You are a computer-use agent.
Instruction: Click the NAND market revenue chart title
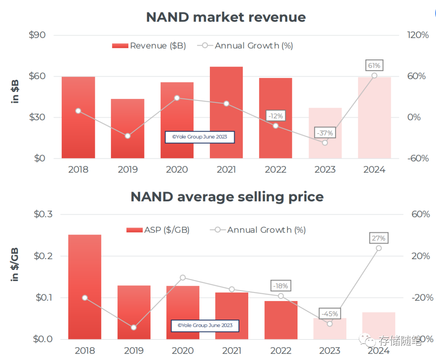coord(226,17)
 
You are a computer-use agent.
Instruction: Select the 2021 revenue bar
coord(226,113)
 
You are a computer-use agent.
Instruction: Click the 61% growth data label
coord(374,65)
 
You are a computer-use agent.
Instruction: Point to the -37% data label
coord(325,133)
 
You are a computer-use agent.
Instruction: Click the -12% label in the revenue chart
coord(276,116)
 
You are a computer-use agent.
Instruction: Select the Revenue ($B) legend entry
coord(149,46)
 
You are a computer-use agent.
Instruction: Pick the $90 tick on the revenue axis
coord(37,35)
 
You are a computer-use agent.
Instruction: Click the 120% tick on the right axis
coord(418,35)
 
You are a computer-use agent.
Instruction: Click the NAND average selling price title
coord(227,197)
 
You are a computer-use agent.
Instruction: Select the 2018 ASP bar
coord(85,287)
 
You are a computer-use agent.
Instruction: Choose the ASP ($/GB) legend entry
coord(158,230)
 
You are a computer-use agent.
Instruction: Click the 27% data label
coord(378,238)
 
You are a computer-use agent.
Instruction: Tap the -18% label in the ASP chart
coord(281,286)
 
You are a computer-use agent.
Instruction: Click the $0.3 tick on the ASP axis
coord(44,214)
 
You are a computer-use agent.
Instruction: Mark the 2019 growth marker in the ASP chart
coord(134,327)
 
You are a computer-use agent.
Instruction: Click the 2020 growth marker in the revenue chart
coord(177,98)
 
